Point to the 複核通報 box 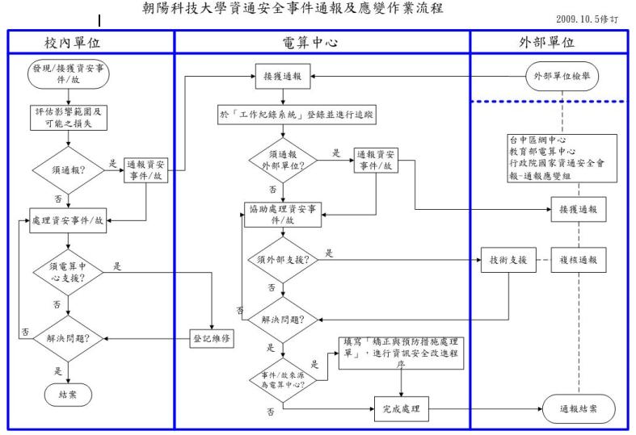point(579,260)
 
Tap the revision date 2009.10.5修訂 point(598,18)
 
